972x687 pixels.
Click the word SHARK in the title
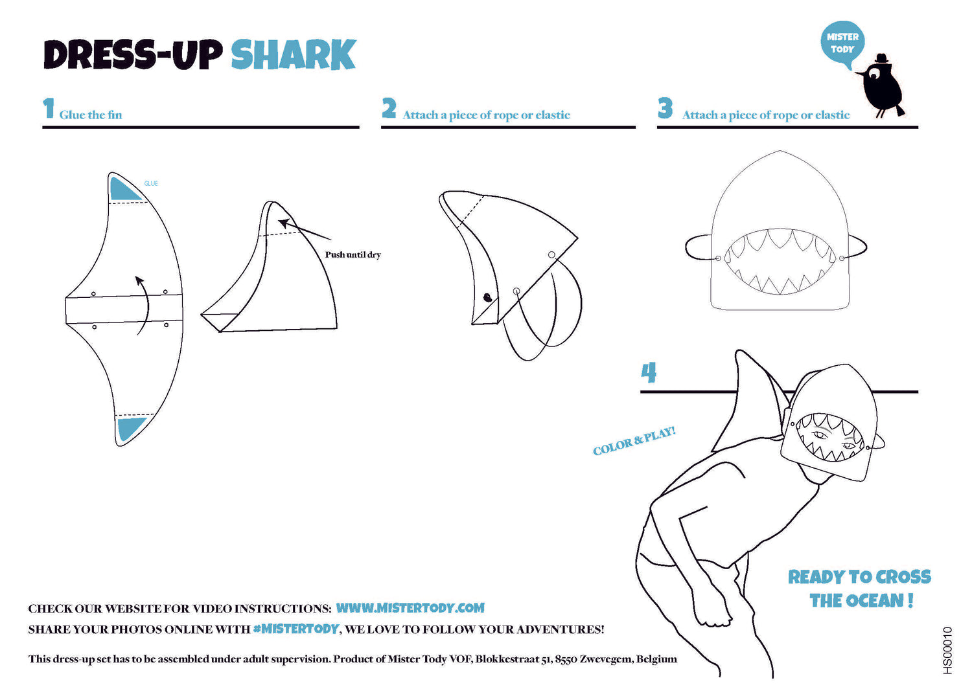[294, 54]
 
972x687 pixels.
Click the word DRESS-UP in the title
[133, 54]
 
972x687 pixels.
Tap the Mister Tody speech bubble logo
[842, 44]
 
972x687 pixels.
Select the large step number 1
[49, 108]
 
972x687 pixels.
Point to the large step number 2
[389, 108]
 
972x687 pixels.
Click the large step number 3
[665, 108]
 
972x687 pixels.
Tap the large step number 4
[649, 372]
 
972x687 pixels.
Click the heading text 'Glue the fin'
[91, 115]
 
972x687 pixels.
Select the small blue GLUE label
[151, 183]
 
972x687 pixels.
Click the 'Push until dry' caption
[353, 254]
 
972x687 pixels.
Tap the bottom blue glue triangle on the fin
[130, 429]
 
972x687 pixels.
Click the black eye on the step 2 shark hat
[487, 297]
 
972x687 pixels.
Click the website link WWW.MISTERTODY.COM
[410, 607]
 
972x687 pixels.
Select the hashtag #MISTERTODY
[295, 629]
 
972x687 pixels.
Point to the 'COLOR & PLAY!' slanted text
[634, 441]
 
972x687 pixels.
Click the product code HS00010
[947, 650]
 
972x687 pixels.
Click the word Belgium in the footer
[656, 659]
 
